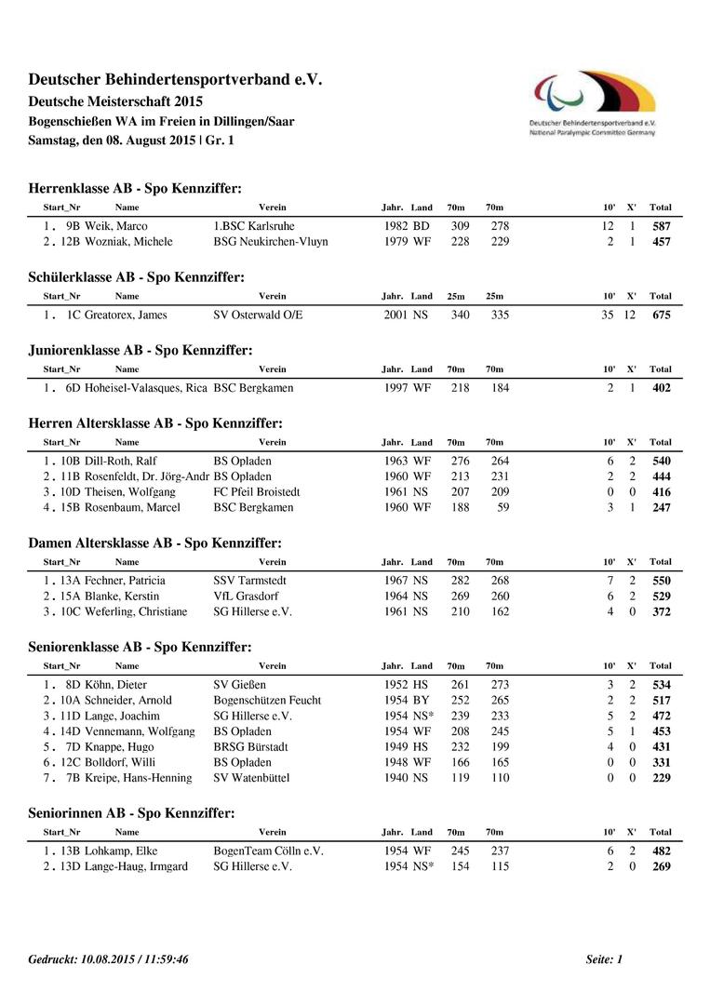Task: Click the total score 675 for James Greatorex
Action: pos(661,315)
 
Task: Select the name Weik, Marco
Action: pos(116,226)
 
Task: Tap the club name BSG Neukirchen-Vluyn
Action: pos(271,242)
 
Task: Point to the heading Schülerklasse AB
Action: pos(137,277)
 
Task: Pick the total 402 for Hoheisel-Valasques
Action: pos(661,388)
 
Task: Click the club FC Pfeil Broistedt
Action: pos(257,492)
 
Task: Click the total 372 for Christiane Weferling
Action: pos(661,612)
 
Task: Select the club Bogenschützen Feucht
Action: pos(267,701)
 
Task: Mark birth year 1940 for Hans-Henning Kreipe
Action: pos(396,778)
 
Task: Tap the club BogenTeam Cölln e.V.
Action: pos(269,851)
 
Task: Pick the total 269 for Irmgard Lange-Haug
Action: pos(661,866)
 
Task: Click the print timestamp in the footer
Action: pos(109,959)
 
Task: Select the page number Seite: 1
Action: pos(604,959)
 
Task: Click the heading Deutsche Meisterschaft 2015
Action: pos(115,101)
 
